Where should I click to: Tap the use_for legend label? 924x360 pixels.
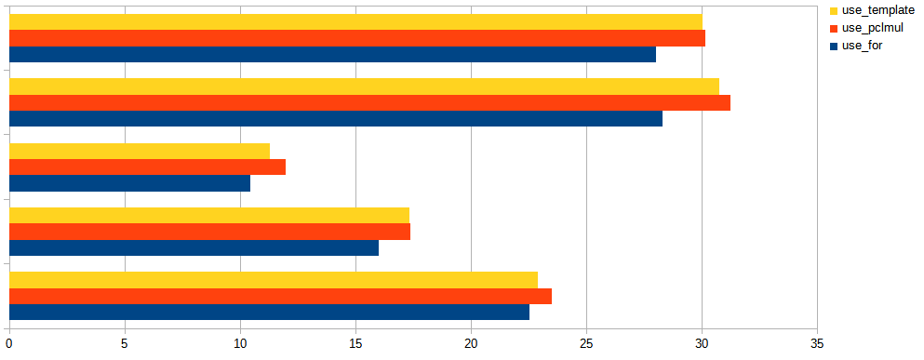[862, 45]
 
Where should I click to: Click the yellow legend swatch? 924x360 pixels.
[833, 10]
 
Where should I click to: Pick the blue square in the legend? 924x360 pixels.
[833, 45]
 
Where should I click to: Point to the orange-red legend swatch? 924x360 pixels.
[833, 28]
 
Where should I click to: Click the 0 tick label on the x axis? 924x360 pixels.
[9, 343]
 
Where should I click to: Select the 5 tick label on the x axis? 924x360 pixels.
[125, 343]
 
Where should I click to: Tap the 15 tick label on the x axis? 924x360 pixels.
[355, 343]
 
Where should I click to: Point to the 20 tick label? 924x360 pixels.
[471, 343]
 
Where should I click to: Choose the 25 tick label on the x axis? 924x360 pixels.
[586, 343]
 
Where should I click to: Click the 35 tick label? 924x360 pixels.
[817, 343]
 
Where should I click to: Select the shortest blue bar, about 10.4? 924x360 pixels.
[129, 183]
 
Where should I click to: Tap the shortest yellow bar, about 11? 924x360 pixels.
[140, 151]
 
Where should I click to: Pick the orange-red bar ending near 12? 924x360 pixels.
[147, 167]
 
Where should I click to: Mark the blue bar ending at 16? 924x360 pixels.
[194, 247]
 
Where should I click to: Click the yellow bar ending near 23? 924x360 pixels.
[274, 279]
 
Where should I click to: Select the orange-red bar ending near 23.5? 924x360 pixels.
[280, 296]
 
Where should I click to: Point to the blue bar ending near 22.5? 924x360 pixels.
[269, 312]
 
